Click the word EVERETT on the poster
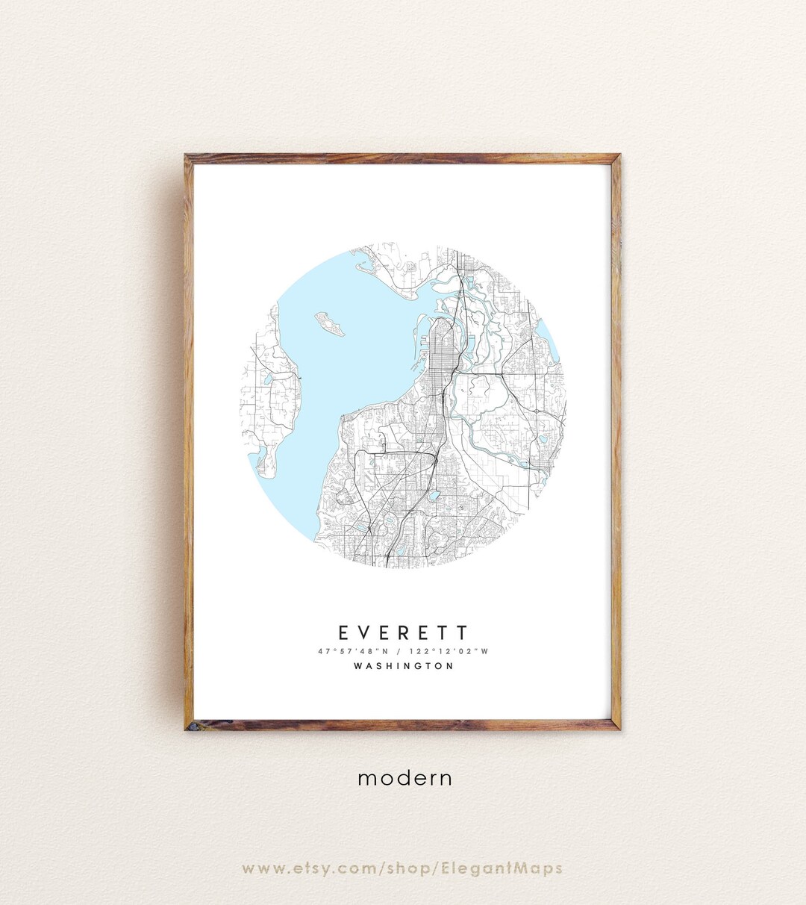tap(403, 633)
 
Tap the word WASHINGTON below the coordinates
tap(403, 666)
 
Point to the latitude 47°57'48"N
tap(349, 651)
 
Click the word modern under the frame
tap(404, 778)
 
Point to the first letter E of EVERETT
tap(343, 633)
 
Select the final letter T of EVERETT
tap(463, 633)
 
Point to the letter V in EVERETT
tap(363, 633)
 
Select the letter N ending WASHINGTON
tap(449, 666)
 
